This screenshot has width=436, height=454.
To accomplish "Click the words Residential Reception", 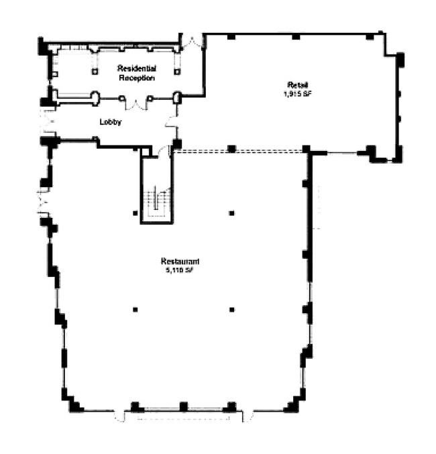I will [x=137, y=73].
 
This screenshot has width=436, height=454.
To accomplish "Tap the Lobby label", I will [x=110, y=122].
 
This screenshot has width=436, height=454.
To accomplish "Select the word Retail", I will [x=297, y=84].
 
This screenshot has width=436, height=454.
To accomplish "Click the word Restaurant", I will [x=181, y=261].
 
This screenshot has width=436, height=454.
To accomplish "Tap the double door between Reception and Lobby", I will [x=136, y=104].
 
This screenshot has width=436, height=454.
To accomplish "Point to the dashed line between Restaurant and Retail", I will [x=241, y=152].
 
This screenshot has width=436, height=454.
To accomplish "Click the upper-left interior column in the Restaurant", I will [x=135, y=213].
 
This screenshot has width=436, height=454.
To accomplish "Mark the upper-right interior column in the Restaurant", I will [x=231, y=213].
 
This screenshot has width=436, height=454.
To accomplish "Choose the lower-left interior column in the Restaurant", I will [x=135, y=309].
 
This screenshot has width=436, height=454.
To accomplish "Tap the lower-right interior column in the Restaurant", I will [x=231, y=309].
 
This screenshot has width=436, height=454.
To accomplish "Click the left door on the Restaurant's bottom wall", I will [x=121, y=416].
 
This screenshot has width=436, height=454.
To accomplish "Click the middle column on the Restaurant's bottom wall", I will [x=183, y=406].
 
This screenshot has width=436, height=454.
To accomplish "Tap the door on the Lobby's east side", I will [x=172, y=124].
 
